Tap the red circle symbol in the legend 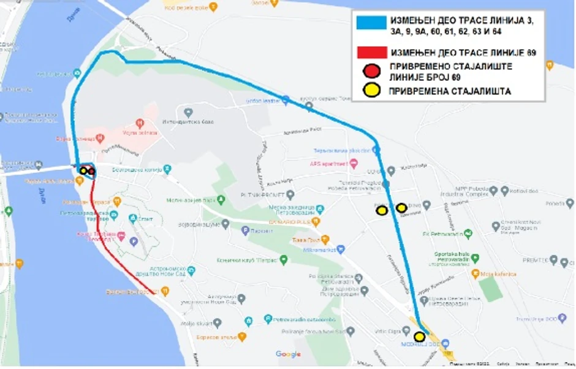[370, 71]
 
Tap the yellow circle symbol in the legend [370, 90]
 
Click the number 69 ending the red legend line [531, 53]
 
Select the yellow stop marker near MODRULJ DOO [420, 337]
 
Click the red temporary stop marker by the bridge [91, 171]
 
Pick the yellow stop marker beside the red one [83, 170]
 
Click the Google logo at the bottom [288, 354]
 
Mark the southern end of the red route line [157, 293]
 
